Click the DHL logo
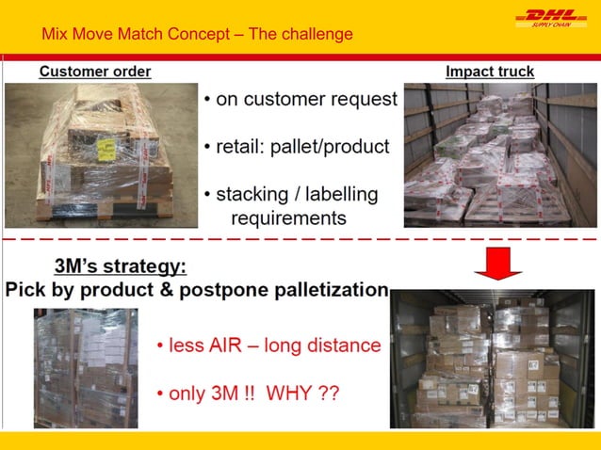point(550,18)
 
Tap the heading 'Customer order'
point(95,72)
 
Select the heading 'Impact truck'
point(490,72)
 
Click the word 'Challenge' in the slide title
point(318,35)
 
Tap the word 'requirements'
point(288,218)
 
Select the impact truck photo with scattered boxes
point(489,154)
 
